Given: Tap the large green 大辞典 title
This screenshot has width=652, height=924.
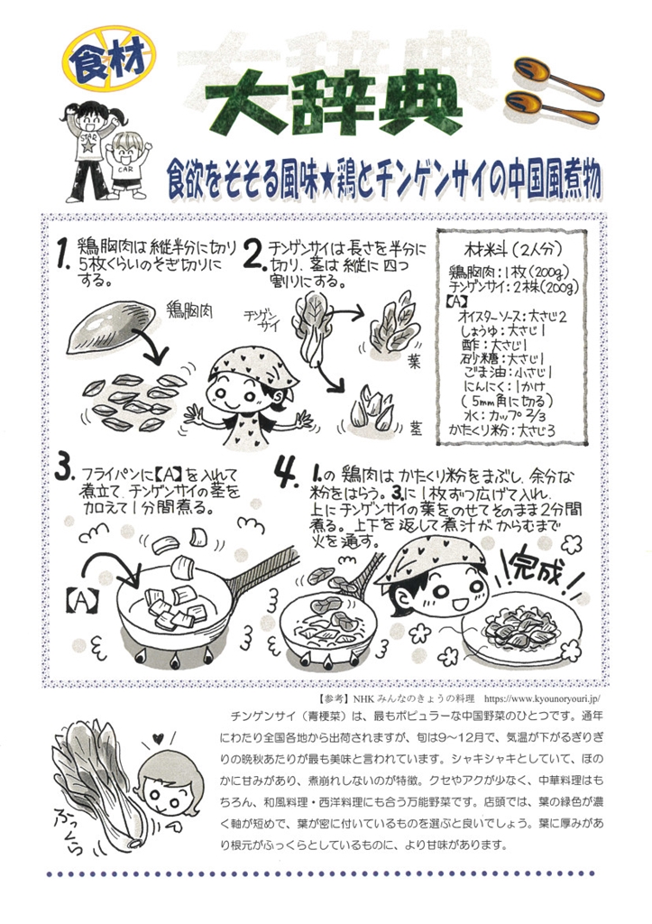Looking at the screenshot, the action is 334,106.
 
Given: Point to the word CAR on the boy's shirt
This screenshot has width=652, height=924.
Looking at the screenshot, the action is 125,169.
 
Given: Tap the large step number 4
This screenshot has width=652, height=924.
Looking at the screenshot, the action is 287,473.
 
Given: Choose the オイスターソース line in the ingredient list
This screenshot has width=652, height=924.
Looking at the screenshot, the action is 512,316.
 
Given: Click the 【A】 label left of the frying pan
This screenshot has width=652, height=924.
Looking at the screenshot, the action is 80,601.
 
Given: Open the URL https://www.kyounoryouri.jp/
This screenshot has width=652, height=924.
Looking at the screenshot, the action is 541,699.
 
